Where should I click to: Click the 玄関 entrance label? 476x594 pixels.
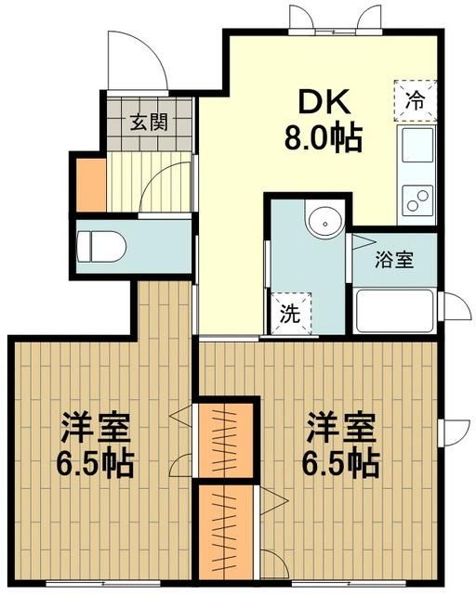(149, 122)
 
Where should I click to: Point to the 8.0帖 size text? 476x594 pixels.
(322, 138)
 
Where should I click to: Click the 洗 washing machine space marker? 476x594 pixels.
(290, 313)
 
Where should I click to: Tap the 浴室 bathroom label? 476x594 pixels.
(393, 261)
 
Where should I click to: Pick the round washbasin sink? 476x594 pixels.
(325, 222)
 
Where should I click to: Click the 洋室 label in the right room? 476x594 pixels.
(343, 429)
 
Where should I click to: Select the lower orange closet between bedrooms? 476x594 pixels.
(228, 532)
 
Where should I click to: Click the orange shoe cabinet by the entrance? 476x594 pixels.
(90, 186)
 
